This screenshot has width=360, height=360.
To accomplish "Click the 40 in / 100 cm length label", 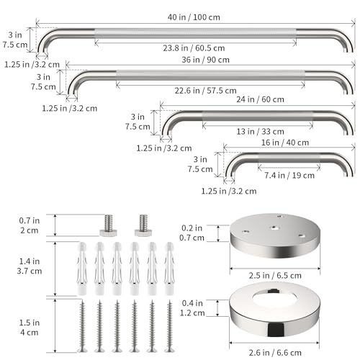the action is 194,17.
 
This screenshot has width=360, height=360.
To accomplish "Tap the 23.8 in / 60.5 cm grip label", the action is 194,48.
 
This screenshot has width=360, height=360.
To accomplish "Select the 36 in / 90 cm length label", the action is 205,60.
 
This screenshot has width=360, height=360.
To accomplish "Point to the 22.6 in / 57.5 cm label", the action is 205,91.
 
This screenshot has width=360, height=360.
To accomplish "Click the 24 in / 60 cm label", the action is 260,99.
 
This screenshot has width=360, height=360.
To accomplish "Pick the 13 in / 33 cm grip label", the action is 260,132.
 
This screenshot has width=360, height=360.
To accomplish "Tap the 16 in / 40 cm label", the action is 285,143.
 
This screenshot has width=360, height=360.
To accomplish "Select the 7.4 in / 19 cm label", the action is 289,176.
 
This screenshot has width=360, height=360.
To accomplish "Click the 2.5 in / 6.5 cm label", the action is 275,276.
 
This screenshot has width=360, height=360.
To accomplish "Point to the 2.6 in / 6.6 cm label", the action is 275,353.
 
